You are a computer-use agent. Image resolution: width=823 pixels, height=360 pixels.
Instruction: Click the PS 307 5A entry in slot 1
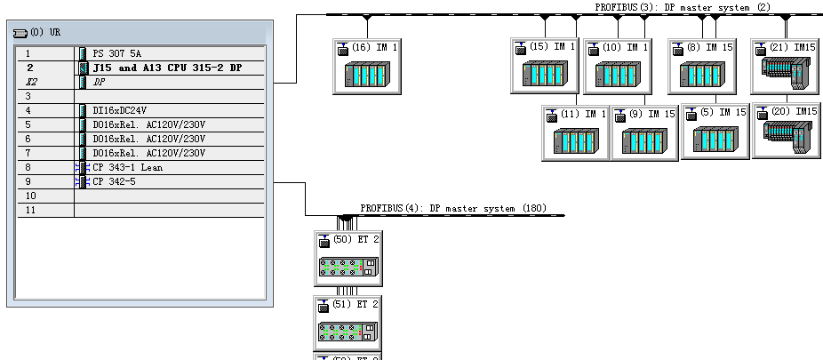point(116,53)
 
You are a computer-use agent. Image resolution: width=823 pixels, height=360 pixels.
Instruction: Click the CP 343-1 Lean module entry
point(127,167)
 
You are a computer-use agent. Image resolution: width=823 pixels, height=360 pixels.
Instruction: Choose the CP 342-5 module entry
point(116,181)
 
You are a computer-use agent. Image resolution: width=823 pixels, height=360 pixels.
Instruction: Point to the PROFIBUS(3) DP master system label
point(683,7)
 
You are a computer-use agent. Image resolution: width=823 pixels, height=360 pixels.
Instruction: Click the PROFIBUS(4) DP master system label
point(452,208)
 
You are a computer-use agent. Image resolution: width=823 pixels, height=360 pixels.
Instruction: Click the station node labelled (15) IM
point(545,65)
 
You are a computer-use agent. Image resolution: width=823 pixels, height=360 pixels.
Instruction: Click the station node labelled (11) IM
point(576,132)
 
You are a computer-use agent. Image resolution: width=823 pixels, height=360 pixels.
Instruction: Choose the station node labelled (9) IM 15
point(644,132)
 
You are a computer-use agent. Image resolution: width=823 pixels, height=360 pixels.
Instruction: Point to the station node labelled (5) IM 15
point(715,131)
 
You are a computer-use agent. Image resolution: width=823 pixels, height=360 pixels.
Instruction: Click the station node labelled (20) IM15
point(786,131)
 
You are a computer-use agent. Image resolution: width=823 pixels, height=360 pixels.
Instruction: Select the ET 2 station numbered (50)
point(348,259)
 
